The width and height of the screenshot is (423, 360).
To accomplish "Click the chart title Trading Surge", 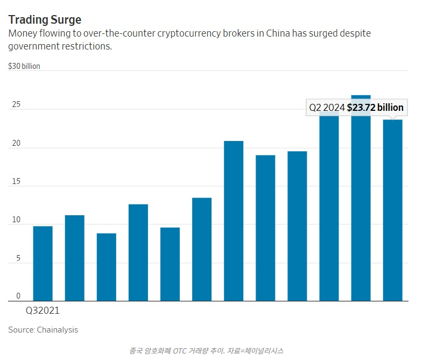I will [x=45, y=20].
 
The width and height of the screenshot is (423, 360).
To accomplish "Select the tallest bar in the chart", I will [x=361, y=204].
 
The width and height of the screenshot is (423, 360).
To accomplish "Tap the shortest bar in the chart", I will [x=107, y=267].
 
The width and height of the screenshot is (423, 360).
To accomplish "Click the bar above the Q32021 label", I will [x=43, y=263].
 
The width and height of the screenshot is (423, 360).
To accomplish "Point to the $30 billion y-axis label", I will [x=24, y=67].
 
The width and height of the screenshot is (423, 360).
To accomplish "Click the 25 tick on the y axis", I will [x=16, y=105].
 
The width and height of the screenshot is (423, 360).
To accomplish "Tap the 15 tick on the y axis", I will [x=16, y=182].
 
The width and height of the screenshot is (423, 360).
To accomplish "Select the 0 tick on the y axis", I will [x=18, y=297].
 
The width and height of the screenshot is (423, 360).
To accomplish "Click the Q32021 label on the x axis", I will [x=43, y=310].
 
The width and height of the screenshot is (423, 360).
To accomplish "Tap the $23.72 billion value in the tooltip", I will [x=375, y=108].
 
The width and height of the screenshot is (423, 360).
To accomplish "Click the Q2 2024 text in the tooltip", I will [x=327, y=108].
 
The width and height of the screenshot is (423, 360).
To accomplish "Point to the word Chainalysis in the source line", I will [x=58, y=330].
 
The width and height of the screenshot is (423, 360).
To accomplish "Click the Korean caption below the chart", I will [x=206, y=350].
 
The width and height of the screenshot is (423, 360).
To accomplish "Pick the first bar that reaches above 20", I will [x=234, y=221].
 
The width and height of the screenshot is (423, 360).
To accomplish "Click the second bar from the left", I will [x=75, y=258].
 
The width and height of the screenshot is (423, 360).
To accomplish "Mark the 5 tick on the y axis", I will [x=18, y=259].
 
